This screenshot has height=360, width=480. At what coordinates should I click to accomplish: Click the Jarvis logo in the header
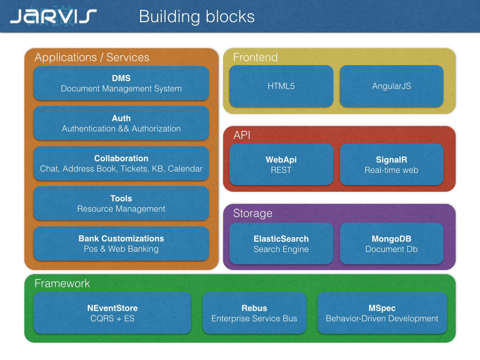click(x=53, y=16)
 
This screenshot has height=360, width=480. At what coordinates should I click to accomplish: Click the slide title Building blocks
click(x=196, y=16)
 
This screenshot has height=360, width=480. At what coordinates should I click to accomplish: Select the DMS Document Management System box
click(x=121, y=83)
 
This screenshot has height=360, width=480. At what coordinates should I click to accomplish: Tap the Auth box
click(x=121, y=123)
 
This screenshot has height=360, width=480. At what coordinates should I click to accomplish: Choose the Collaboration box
click(x=121, y=163)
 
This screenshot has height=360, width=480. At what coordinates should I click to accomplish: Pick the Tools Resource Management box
click(x=121, y=203)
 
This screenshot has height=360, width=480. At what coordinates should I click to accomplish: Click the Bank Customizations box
click(x=121, y=243)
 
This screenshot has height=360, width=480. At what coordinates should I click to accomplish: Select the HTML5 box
click(x=281, y=86)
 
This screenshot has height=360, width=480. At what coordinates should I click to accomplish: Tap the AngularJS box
click(x=391, y=86)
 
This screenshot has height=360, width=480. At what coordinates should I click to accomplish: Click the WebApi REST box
click(x=281, y=165)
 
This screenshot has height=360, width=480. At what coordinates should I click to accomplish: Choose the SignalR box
click(x=391, y=165)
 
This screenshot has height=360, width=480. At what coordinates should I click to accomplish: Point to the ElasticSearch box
click(x=281, y=243)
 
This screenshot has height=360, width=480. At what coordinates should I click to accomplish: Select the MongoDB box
click(x=391, y=243)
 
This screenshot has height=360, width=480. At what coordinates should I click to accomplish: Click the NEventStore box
click(x=112, y=313)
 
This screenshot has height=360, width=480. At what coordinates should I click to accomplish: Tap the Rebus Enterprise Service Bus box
click(x=254, y=313)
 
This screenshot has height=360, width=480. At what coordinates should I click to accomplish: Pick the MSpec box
click(x=382, y=313)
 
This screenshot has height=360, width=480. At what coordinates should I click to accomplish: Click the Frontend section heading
click(x=255, y=57)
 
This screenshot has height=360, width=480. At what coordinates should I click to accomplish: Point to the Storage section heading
click(x=253, y=213)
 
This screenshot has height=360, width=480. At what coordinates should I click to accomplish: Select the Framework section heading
click(x=62, y=284)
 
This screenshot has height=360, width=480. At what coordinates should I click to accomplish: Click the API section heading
click(x=242, y=135)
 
